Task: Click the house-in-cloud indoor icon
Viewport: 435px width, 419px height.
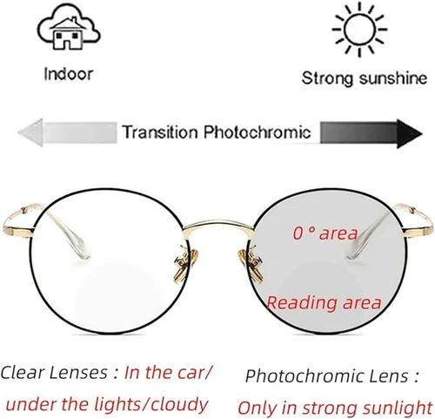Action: pyautogui.click(x=69, y=27)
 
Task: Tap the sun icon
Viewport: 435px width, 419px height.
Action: pyautogui.click(x=359, y=29)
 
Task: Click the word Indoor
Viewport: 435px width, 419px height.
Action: pyautogui.click(x=69, y=74)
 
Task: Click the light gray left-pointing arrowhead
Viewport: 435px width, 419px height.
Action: pyautogui.click(x=30, y=132)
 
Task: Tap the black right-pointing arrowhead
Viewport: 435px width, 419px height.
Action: pyautogui.click(x=409, y=133)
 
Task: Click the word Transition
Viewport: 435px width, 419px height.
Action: pyautogui.click(x=159, y=132)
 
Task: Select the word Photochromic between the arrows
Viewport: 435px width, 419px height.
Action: pyautogui.click(x=257, y=132)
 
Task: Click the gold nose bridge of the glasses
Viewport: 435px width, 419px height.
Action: pyautogui.click(x=218, y=224)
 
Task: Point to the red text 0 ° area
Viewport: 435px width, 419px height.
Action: pyautogui.click(x=325, y=233)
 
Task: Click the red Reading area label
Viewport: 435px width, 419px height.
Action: pyautogui.click(x=324, y=303)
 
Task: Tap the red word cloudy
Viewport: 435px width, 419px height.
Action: pyautogui.click(x=179, y=404)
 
